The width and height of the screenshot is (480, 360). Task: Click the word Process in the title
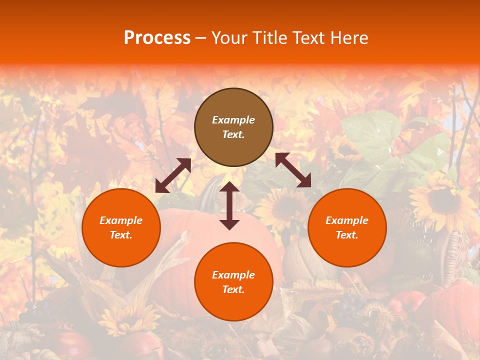(157, 38)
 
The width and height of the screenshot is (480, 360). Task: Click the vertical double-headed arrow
(229, 206)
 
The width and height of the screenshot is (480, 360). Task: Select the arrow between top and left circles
(173, 175)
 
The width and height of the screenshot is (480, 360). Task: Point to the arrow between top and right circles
(293, 170)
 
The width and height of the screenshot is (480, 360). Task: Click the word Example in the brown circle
(233, 120)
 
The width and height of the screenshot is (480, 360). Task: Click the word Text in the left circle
(121, 235)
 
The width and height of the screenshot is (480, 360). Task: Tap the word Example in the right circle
(347, 220)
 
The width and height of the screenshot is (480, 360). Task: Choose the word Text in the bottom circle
(233, 289)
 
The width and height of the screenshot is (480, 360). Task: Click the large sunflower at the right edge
(442, 200)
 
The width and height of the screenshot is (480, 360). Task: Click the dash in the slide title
(201, 38)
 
